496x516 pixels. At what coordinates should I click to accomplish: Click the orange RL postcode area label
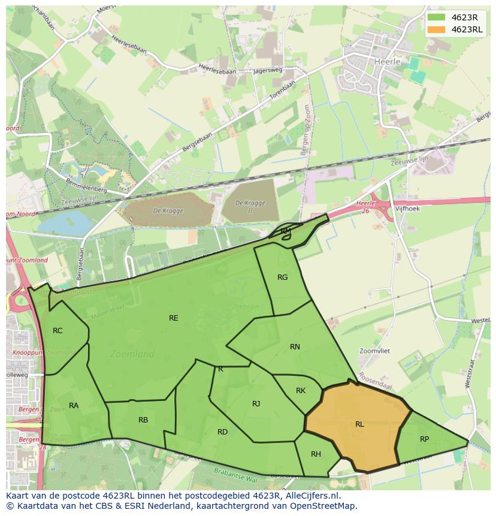click(359, 424)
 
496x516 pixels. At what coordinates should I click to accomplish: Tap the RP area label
click(424, 439)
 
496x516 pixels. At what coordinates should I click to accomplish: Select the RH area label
click(316, 454)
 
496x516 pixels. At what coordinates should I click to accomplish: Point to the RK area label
click(301, 391)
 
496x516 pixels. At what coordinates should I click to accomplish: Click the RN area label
click(295, 347)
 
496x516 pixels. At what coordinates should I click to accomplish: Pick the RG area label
click(283, 277)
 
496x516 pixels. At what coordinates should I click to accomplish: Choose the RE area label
click(173, 318)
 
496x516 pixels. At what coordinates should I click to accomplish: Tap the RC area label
click(58, 331)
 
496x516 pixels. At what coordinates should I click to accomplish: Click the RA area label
click(74, 406)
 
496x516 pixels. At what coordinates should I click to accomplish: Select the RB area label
click(143, 420)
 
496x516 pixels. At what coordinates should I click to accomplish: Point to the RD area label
click(222, 432)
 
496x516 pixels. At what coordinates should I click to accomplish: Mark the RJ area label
click(256, 404)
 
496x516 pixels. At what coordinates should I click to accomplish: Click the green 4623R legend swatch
click(437, 17)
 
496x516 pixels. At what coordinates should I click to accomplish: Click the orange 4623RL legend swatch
click(437, 29)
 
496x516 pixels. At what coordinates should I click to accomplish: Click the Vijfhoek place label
click(407, 209)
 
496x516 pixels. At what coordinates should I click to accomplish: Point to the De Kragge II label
click(250, 207)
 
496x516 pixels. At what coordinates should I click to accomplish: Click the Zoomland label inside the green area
click(132, 354)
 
